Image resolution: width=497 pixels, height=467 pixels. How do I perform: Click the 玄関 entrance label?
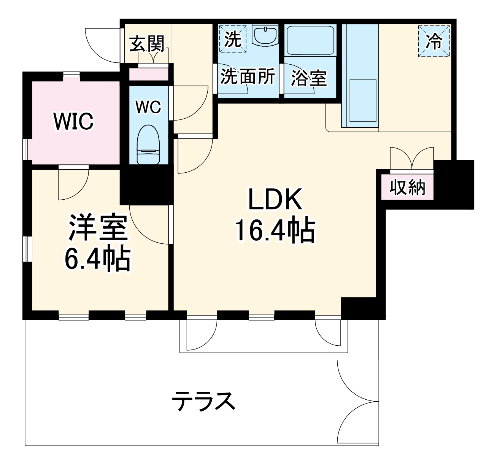point(147,44)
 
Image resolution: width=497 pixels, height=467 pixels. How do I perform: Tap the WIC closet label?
point(73,121)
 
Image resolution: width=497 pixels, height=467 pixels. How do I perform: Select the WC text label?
point(148,107)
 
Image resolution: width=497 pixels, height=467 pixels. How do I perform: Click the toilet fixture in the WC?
point(148,145)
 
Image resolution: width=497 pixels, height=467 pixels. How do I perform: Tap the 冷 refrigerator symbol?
point(434,41)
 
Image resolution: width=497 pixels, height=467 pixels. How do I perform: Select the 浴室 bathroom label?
point(309,78)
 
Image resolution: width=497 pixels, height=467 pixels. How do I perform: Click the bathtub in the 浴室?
point(310,40)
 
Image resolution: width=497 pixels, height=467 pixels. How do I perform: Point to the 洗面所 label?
point(248,77)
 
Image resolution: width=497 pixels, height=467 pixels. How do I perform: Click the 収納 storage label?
point(407,187)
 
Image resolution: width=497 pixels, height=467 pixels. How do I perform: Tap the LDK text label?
point(275,199)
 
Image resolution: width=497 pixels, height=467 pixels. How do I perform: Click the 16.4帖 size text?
point(275,230)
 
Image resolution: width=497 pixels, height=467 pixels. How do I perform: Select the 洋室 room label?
point(98,227)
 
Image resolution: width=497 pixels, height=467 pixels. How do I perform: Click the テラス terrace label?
point(203,400)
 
